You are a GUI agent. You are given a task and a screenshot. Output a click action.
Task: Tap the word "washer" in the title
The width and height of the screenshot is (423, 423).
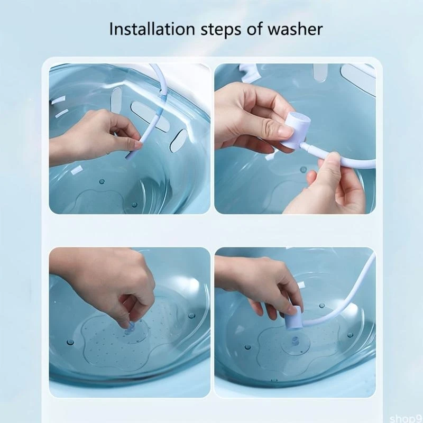click(295, 29)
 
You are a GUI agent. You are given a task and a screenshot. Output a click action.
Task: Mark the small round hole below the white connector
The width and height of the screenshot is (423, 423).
click(303, 170)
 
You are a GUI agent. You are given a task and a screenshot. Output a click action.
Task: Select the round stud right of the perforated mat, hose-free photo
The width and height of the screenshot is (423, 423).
click(191, 316)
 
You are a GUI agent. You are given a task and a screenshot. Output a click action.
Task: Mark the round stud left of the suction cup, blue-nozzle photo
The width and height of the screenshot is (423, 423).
click(247, 347)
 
